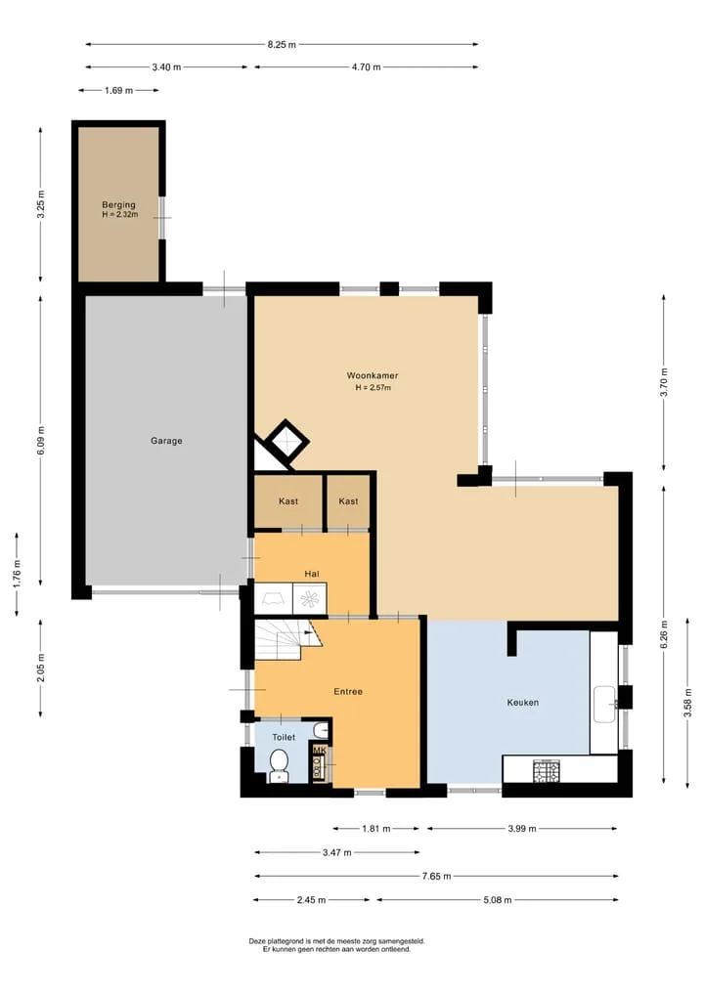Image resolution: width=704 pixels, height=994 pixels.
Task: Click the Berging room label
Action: click(x=118, y=204)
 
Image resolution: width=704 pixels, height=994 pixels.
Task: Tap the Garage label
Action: click(x=166, y=441)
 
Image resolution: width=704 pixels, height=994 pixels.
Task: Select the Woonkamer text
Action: click(x=373, y=375)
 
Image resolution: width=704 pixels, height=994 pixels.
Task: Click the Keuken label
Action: click(x=522, y=703)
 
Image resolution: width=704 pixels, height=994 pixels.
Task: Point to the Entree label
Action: click(x=348, y=692)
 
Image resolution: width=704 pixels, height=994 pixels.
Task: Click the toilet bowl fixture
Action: click(x=279, y=765)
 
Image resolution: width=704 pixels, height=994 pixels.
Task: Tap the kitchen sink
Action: click(x=604, y=705)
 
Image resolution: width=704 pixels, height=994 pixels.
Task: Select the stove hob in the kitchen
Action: click(x=546, y=770)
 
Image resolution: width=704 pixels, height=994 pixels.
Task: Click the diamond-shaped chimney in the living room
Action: click(x=286, y=442)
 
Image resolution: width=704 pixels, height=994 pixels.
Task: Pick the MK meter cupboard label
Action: click(x=320, y=751)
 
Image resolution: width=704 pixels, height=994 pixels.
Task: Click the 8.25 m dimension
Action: click(x=282, y=44)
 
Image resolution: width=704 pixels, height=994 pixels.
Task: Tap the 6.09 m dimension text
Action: click(x=41, y=441)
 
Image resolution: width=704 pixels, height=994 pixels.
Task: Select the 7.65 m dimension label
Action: click(x=436, y=876)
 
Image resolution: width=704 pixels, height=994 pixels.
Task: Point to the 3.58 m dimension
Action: click(x=687, y=703)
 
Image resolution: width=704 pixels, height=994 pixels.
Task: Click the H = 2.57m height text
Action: click(x=373, y=387)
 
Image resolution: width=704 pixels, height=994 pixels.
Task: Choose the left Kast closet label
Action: click(x=288, y=501)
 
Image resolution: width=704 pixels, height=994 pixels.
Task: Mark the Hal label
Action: click(x=311, y=574)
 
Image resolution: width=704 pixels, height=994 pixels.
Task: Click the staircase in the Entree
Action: click(x=287, y=639)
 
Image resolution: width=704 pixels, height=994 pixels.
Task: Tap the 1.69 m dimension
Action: click(x=118, y=91)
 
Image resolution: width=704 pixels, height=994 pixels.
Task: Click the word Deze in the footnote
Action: click(x=257, y=941)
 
